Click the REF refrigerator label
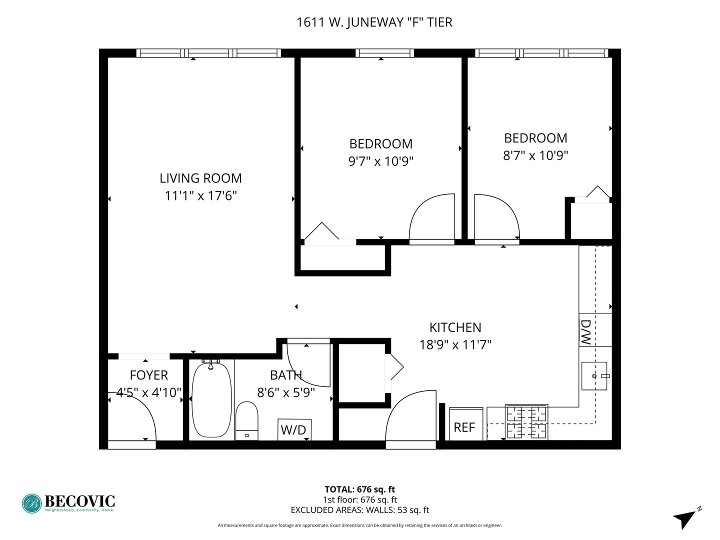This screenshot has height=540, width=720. [464, 427]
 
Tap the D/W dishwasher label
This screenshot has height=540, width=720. [586, 332]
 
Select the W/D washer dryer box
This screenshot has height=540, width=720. [294, 429]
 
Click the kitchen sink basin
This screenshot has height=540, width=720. [594, 376]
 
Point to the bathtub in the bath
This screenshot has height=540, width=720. [211, 400]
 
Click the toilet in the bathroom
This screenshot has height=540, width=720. [246, 421]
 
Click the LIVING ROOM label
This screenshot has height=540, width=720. [200, 178]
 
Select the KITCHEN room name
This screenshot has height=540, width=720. [455, 327]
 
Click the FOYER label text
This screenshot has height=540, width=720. [149, 375]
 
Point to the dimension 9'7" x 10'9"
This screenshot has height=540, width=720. [381, 161]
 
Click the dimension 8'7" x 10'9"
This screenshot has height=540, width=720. [535, 155]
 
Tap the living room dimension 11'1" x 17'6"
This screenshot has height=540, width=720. [200, 195]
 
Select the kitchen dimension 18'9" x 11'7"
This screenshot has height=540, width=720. [455, 345]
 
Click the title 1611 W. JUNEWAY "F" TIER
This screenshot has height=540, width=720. [374, 22]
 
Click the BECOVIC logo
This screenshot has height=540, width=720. [68, 503]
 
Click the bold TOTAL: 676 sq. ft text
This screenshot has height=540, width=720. [360, 489]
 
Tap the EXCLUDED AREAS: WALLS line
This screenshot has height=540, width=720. [360, 510]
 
